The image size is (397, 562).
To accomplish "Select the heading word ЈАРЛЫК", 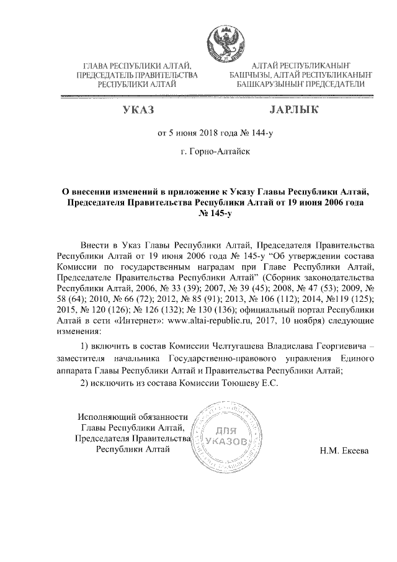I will pyautogui.click(x=293, y=110).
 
